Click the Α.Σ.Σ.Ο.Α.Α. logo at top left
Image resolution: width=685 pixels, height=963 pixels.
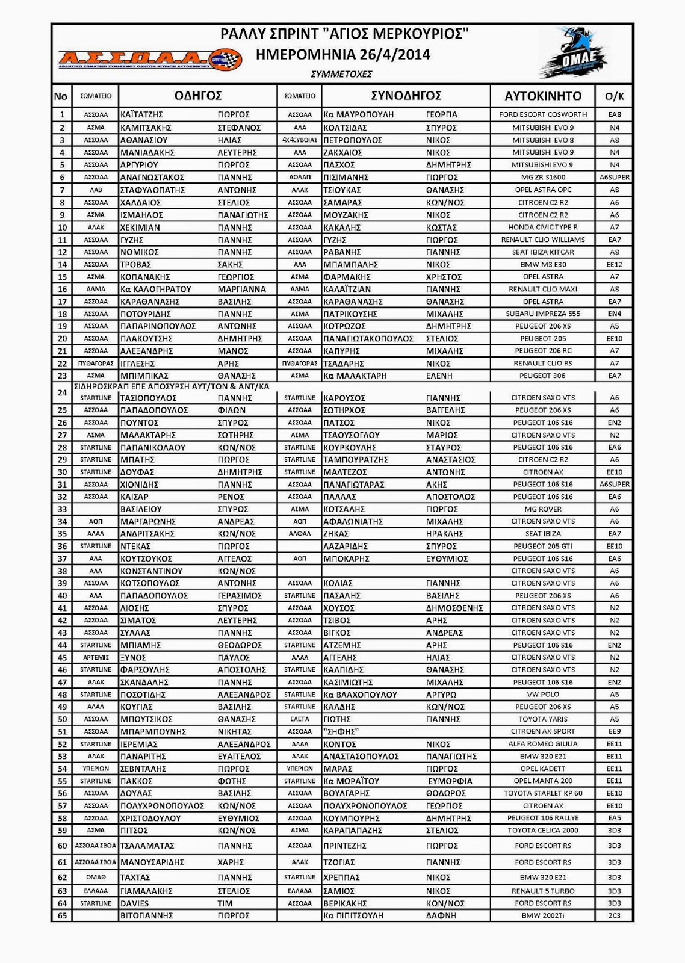pos(149,60)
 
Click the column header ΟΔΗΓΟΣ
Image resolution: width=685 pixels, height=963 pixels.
pos(198,96)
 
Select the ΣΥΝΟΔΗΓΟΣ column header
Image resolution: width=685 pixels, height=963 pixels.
pos(406,96)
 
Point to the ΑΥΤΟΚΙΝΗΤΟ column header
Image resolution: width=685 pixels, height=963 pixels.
pos(543,96)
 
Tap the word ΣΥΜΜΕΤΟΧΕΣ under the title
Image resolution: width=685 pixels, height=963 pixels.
pos(341,74)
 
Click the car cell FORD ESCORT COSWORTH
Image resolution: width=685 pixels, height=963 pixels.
pos(543,114)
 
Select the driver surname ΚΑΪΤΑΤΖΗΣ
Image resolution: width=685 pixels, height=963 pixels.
pos(142,114)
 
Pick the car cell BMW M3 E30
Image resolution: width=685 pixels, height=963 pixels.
pos(543,264)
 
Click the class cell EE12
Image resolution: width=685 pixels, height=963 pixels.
pos(614,264)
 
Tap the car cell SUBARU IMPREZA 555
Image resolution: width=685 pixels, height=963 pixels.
pos(543,314)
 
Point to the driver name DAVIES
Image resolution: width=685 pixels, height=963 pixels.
pos(135,903)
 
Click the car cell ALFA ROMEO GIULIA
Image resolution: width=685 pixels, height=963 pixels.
pos(543,743)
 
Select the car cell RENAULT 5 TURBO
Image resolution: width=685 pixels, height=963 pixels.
pos(543,891)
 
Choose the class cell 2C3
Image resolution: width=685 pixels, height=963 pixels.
pos(614,915)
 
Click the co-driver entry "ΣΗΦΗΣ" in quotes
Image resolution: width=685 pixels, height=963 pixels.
pos(341,731)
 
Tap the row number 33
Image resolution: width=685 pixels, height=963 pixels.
pos(62,509)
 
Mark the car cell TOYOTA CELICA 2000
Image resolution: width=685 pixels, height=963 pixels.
pos(543,830)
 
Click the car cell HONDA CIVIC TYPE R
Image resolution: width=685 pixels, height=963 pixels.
pos(543,228)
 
